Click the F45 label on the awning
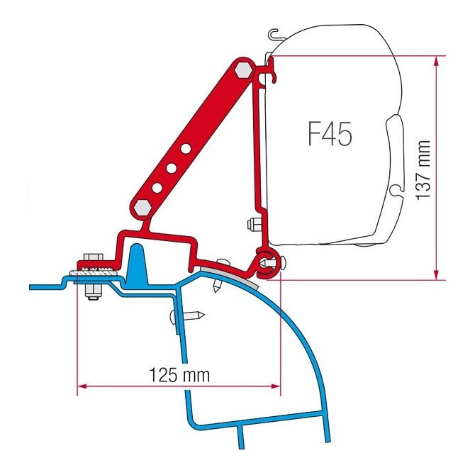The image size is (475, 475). pyautogui.click(x=330, y=133)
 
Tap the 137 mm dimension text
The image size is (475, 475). pyautogui.click(x=423, y=169)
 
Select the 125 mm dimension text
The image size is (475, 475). pyautogui.click(x=179, y=375)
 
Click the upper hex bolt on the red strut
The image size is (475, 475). pyautogui.click(x=243, y=69)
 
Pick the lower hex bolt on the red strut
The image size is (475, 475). pyautogui.click(x=143, y=208)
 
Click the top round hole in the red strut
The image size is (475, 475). pyautogui.click(x=186, y=148)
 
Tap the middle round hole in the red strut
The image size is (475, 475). pyautogui.click(x=172, y=168)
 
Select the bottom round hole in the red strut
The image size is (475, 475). pyautogui.click(x=157, y=188)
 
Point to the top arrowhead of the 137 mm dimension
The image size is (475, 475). pyautogui.click(x=436, y=62)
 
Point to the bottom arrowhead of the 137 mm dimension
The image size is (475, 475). pyautogui.click(x=436, y=274)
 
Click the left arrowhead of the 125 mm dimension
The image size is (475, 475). pyautogui.click(x=83, y=386)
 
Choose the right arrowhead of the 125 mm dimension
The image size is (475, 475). pyautogui.click(x=275, y=386)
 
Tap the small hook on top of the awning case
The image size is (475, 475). pyautogui.click(x=275, y=34)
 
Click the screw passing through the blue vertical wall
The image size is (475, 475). pyautogui.click(x=186, y=316)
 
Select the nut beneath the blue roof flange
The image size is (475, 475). pyautogui.click(x=94, y=292)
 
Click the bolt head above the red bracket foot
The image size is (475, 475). pyautogui.click(x=93, y=257)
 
